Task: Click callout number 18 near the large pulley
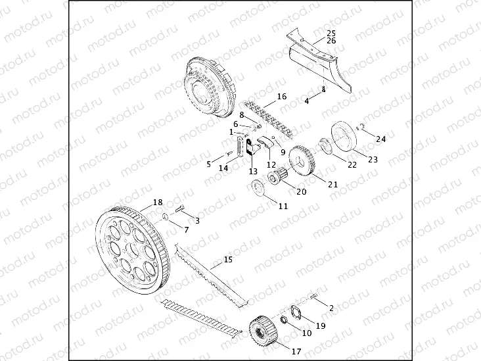[x=158, y=202]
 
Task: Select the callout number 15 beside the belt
[x=228, y=260]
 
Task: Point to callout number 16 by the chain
[x=282, y=97]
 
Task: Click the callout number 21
[x=333, y=184]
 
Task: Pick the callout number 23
[x=373, y=159]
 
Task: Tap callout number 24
[x=381, y=139]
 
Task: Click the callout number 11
[x=283, y=206]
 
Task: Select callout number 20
[x=302, y=192]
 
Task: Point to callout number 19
[x=321, y=325]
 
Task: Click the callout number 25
[x=331, y=32]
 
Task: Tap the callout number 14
[x=223, y=168]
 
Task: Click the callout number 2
[x=331, y=307]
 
